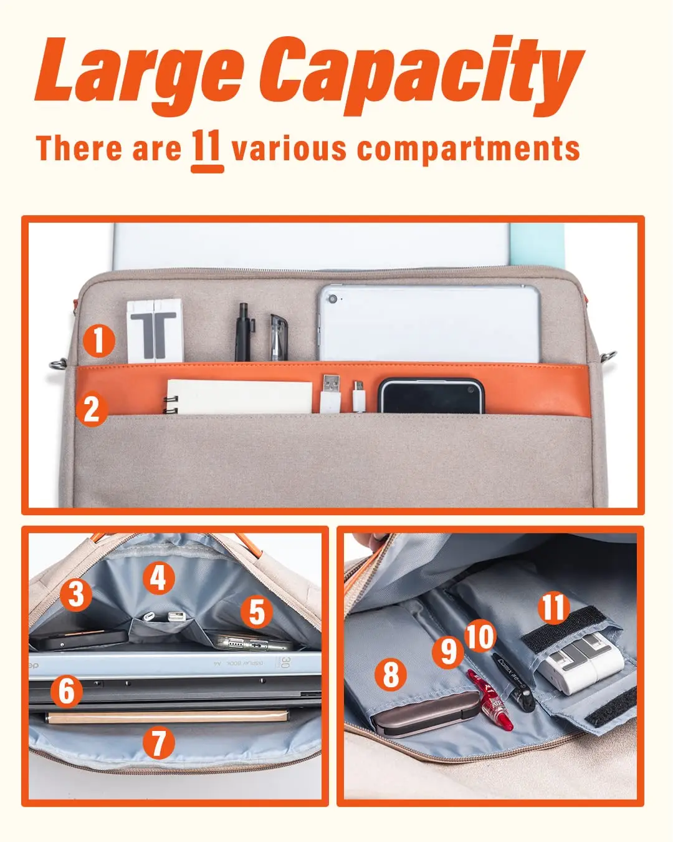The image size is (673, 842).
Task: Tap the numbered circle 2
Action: tap(92, 409)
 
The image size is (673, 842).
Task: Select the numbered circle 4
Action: tap(158, 579)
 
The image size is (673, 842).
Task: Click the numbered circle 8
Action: tap(391, 674)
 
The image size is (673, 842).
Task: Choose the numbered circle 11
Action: tap(554, 607)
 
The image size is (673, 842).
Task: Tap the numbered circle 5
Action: tap(257, 612)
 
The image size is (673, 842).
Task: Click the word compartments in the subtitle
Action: tap(468, 150)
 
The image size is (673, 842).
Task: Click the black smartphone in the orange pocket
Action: tap(431, 395)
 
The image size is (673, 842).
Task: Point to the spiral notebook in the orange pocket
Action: tap(237, 396)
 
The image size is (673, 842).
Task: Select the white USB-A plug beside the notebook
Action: tap(330, 393)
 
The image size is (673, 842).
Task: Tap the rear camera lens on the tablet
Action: tap(333, 299)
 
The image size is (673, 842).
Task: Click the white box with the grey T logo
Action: tap(155, 331)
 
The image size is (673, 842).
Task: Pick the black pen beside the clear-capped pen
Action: tap(243, 332)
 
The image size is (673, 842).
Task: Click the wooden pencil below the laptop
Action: tap(168, 717)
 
